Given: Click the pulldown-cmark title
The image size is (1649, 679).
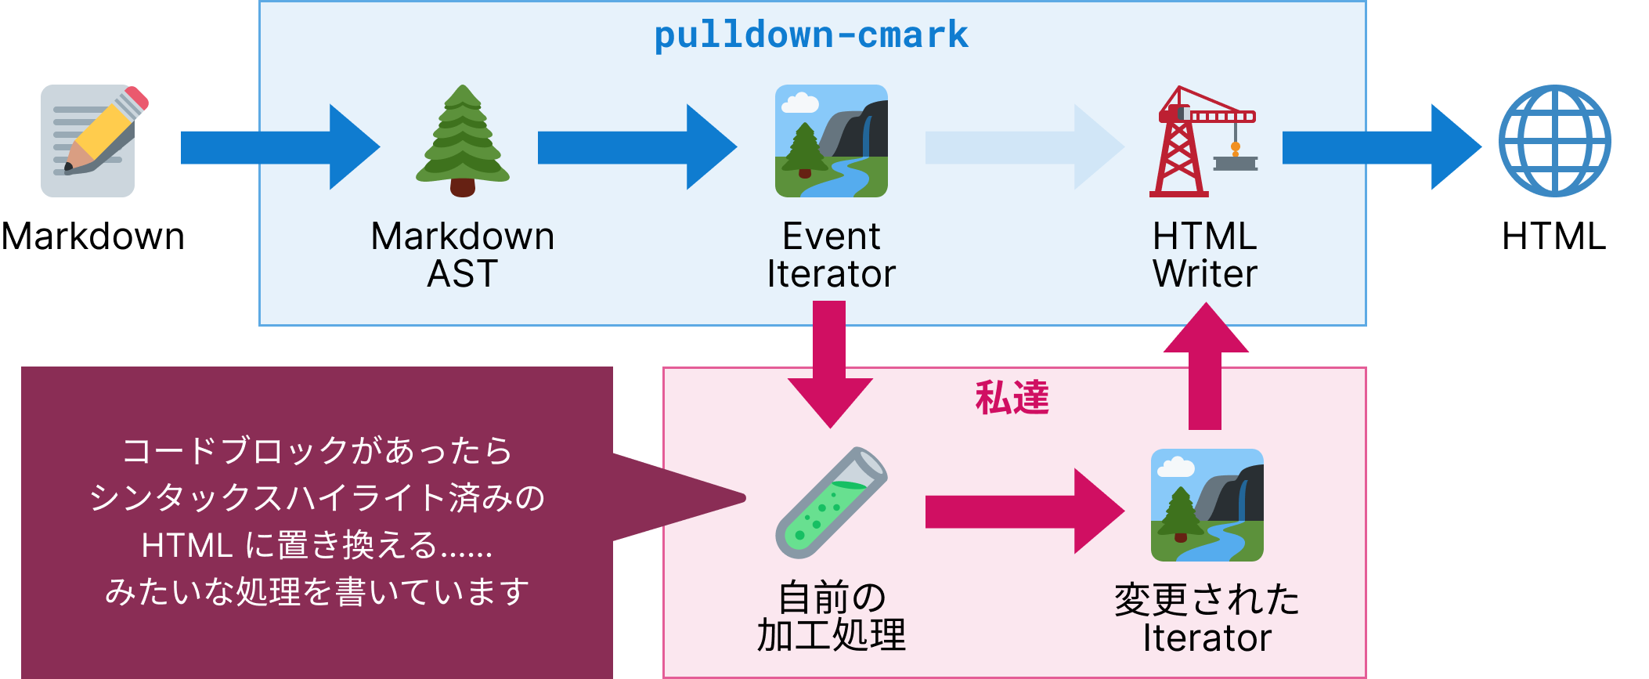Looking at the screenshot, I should point(811,35).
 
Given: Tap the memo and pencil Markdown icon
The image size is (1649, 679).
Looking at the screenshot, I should point(92,141).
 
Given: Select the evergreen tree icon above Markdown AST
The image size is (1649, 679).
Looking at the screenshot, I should point(463,141).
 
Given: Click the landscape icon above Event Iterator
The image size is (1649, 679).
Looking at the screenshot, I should point(832,141).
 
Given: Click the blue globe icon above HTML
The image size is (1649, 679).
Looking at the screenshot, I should point(1554,141).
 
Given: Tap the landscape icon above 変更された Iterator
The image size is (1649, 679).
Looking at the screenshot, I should point(1207,505).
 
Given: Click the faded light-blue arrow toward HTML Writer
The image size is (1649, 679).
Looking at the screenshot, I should point(1024,147).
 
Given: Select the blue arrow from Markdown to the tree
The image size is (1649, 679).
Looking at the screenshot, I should point(279,147).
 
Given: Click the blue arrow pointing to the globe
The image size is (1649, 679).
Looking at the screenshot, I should point(1380,147).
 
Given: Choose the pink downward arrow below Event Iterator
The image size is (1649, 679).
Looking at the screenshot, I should point(830,364).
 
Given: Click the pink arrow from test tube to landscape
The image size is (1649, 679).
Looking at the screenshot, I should point(1024,511).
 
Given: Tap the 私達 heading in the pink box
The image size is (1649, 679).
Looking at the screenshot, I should point(1012,398).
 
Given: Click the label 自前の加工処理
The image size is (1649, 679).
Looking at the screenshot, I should point(831,616).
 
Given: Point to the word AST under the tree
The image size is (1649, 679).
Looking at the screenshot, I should point(462,274).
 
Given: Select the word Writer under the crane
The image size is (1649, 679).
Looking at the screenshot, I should point(1205,274).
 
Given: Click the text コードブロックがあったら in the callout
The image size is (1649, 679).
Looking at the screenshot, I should point(317,451).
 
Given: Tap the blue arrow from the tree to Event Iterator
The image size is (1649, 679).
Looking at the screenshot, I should point(637,147).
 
